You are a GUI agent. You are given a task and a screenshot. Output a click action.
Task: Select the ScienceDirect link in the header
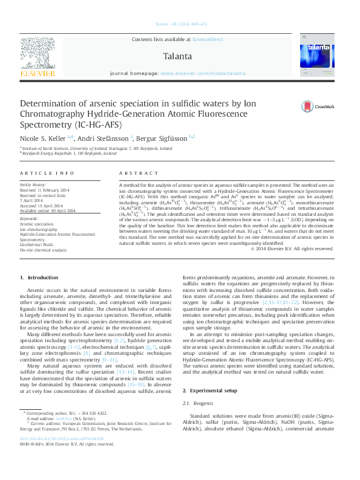(208, 39)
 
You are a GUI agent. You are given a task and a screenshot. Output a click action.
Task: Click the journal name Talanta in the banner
(178, 57)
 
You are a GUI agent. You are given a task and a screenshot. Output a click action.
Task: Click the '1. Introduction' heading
(39, 277)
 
